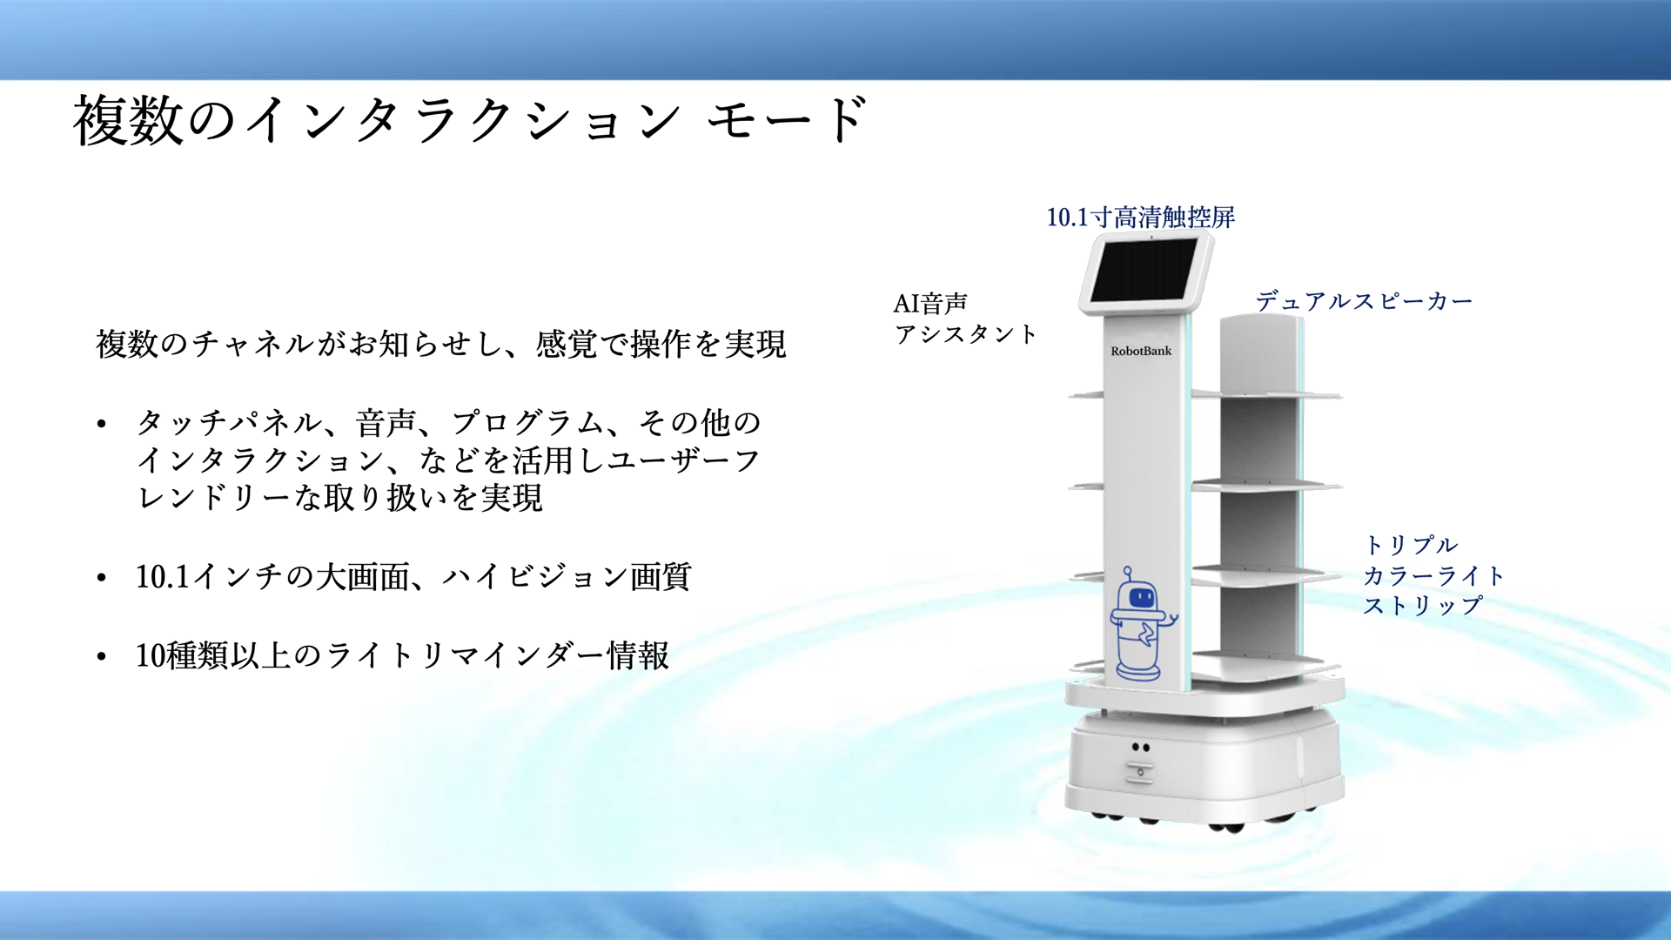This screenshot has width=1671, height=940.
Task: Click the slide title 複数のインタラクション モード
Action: pos(470,120)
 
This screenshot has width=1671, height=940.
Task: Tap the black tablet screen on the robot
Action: pos(1144,270)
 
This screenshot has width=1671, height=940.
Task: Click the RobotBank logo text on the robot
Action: pos(1141,351)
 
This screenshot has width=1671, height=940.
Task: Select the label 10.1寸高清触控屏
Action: pos(1140,217)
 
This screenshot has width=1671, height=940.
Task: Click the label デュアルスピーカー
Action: pos(1364,301)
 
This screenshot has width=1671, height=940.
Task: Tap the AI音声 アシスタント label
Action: pos(965,319)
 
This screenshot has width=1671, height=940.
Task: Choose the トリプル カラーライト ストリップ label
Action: pos(1433,575)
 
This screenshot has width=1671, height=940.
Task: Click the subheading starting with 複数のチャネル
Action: pos(441,344)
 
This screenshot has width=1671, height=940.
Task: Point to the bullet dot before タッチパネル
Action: pos(102,425)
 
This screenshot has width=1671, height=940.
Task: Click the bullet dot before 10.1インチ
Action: pos(102,578)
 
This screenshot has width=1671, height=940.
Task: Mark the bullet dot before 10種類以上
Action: pos(102,657)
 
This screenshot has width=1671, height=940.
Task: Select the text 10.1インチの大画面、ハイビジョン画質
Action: pos(413,576)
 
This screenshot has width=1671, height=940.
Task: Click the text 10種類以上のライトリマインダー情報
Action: pos(402,655)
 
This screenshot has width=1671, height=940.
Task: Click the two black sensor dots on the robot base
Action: pos(1141,748)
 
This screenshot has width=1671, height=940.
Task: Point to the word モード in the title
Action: pos(787,120)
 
